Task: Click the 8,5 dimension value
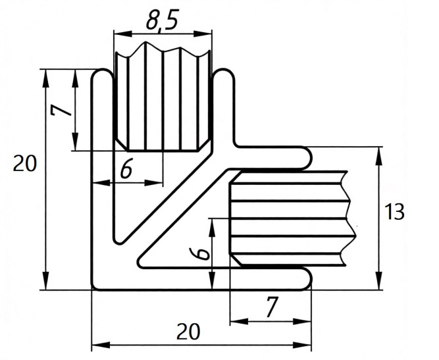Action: (162, 20)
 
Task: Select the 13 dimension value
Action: (394, 212)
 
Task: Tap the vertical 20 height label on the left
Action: (24, 163)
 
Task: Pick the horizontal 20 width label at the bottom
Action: (188, 332)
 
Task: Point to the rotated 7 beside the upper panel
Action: (61, 108)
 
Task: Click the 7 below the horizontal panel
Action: (272, 307)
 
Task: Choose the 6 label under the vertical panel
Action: (126, 170)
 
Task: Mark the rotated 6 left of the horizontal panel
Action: (199, 253)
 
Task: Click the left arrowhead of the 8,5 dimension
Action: (122, 34)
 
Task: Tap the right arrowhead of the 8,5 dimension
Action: (203, 34)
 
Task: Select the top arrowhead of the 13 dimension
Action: (378, 156)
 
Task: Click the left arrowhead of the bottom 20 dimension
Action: (101, 345)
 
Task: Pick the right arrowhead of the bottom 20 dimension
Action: (302, 345)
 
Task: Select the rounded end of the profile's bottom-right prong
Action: (311, 279)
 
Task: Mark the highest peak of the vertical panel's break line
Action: (145, 42)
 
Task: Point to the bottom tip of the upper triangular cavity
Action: (118, 243)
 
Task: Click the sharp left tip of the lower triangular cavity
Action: (138, 263)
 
